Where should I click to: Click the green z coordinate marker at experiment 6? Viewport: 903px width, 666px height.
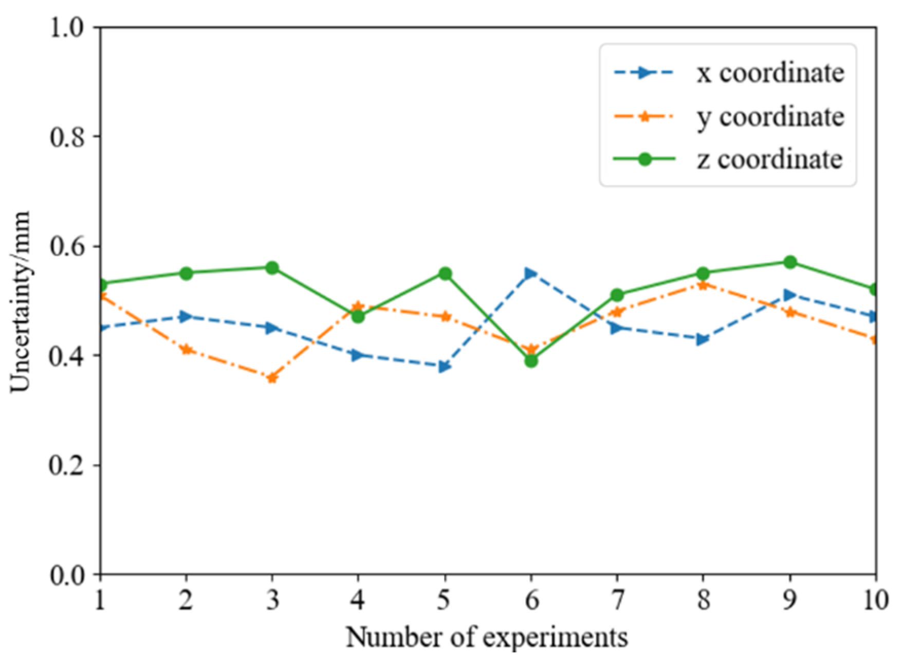(531, 361)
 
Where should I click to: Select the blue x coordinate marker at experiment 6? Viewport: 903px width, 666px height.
(531, 273)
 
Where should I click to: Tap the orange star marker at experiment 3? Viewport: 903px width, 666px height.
(272, 378)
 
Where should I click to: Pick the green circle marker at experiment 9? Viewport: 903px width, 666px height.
(790, 262)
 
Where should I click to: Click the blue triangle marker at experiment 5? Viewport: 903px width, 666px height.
(445, 367)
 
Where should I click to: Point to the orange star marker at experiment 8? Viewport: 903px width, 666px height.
(704, 284)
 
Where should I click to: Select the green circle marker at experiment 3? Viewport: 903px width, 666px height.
(272, 267)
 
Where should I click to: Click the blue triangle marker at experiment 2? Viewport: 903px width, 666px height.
(186, 317)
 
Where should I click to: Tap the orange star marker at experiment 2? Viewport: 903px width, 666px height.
(186, 350)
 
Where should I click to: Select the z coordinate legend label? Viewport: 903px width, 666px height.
(769, 159)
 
